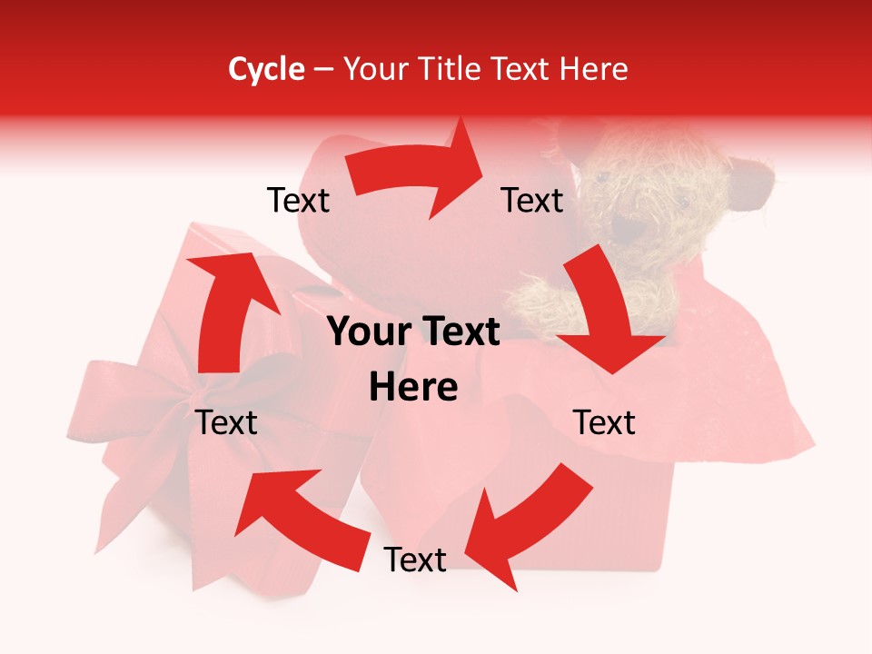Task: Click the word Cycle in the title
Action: tap(266, 69)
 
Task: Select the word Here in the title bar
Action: tap(591, 69)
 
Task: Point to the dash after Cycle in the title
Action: tap(324, 70)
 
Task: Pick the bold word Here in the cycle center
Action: tap(413, 388)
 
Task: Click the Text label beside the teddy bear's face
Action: tap(532, 200)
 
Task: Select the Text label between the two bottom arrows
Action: tap(415, 560)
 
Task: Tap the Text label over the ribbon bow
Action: tap(227, 422)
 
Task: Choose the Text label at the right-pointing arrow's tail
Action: tap(298, 200)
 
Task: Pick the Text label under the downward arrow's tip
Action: tap(604, 422)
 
